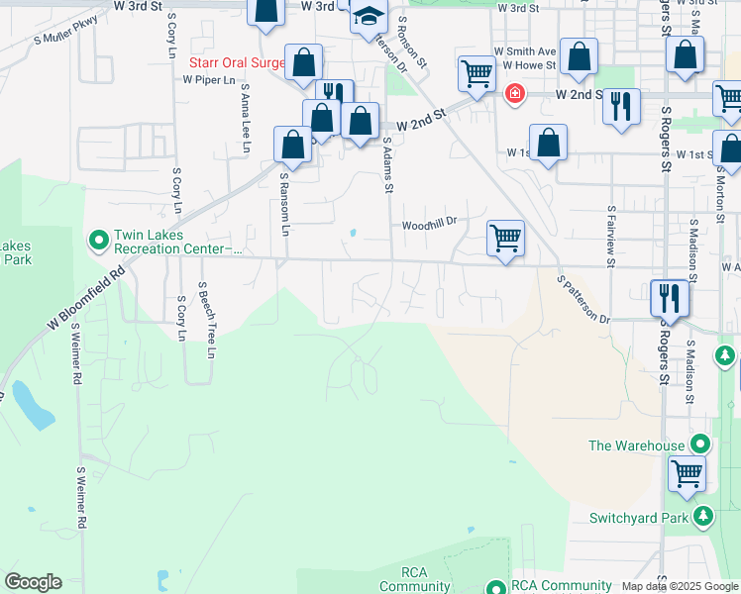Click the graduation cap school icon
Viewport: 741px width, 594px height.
click(369, 20)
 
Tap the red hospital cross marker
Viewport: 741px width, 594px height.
click(514, 94)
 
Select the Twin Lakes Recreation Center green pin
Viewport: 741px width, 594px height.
click(99, 239)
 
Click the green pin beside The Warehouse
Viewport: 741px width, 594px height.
click(700, 445)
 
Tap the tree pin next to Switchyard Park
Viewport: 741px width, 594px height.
click(703, 516)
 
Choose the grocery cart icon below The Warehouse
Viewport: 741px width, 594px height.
click(687, 473)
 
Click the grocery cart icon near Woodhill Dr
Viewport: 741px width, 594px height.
click(505, 239)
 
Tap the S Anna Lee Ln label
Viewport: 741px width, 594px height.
click(244, 114)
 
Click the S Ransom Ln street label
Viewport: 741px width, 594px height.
click(284, 205)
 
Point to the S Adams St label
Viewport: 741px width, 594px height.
click(388, 165)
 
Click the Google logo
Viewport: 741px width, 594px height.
click(33, 582)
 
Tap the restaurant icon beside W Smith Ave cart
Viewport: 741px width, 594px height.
click(621, 106)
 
